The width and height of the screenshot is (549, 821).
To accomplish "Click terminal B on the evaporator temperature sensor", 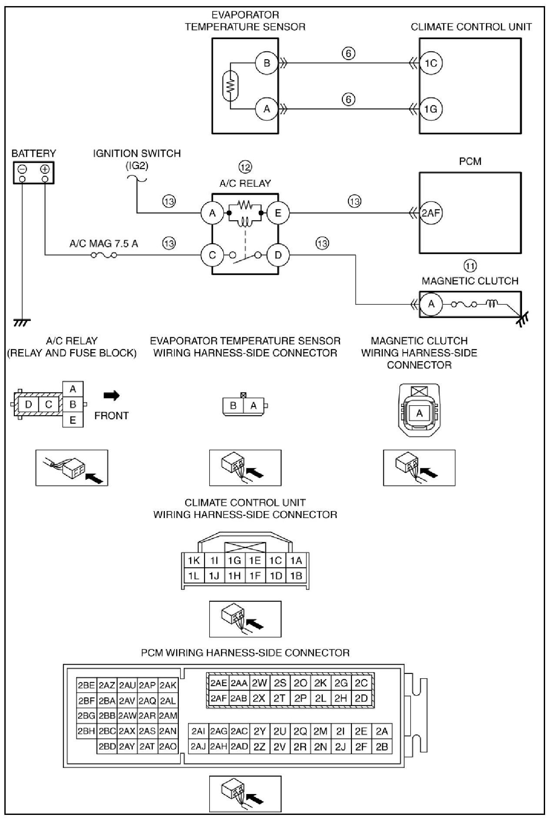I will coord(266,63).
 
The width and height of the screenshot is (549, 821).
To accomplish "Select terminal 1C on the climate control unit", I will coord(430,63).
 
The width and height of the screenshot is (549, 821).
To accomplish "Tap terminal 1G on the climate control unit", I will coord(430,108).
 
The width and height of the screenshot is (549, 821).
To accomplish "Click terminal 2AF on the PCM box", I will coord(431,213).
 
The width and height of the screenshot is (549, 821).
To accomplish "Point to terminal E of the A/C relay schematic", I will coord(278,213).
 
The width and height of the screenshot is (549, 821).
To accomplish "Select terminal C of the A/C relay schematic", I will coord(212,255).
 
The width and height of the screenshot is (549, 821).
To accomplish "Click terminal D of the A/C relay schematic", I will coord(278,255).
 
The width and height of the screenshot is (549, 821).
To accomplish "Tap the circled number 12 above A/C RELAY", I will coord(245,167).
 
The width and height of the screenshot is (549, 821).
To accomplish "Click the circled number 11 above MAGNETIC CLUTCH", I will coord(470,266).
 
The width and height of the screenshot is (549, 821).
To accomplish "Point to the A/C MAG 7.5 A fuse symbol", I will coord(104,255).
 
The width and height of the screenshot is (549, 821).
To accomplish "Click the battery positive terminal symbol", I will coord(45,169).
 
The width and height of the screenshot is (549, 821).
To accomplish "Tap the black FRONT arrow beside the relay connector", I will coord(111,395).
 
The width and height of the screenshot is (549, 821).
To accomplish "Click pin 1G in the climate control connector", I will coord(234,560).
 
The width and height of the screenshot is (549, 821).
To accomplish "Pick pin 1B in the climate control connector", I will coord(296,576).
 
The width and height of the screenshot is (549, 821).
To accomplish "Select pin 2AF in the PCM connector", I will coord(218,698).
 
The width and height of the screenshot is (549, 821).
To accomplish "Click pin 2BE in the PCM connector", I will coord(86,685).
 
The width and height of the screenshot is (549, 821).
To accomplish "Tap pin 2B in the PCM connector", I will coord(382,747).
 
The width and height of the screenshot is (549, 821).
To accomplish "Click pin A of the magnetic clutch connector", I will coord(419,413).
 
